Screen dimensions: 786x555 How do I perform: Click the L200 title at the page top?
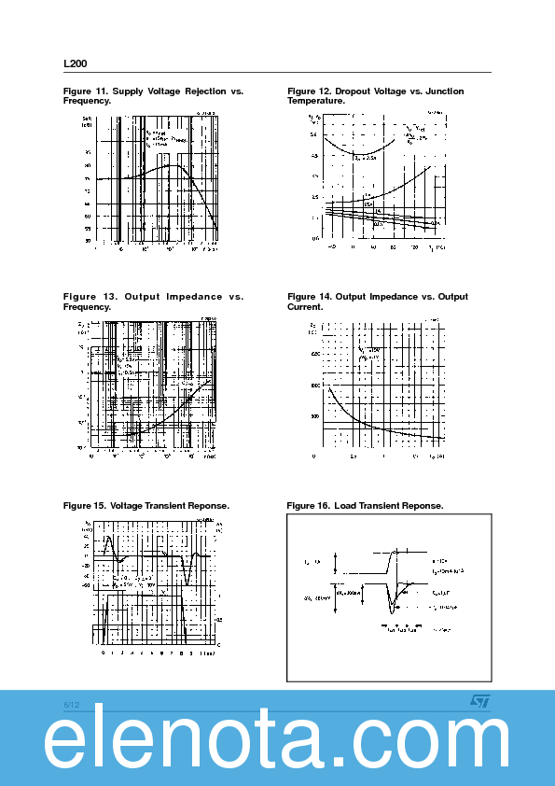click(75, 63)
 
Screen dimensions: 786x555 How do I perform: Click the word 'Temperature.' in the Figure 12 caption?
click(316, 100)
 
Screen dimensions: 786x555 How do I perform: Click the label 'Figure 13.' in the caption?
click(86, 297)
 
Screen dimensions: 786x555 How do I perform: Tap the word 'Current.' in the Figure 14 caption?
click(306, 306)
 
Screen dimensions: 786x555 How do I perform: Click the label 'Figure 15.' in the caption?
click(84, 505)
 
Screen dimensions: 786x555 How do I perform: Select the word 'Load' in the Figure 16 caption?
click(345, 505)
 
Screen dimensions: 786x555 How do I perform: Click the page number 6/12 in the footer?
click(72, 702)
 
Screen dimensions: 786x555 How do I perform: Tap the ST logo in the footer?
click(477, 701)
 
